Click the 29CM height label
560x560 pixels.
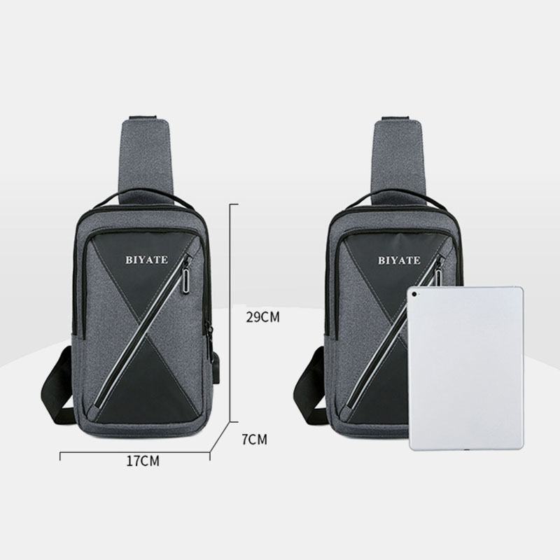tap(263, 317)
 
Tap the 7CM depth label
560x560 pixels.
tap(254, 440)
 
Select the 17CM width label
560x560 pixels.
tap(143, 461)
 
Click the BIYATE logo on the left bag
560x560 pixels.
tap(146, 260)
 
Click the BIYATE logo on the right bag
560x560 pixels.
tap(399, 260)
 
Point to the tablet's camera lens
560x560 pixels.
tap(414, 294)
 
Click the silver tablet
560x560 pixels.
tap(466, 368)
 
